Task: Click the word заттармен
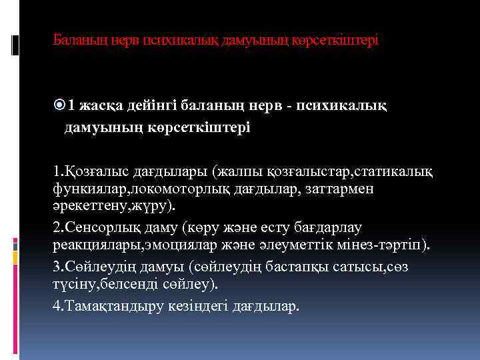tap(344, 189)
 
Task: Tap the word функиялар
tap(83, 189)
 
